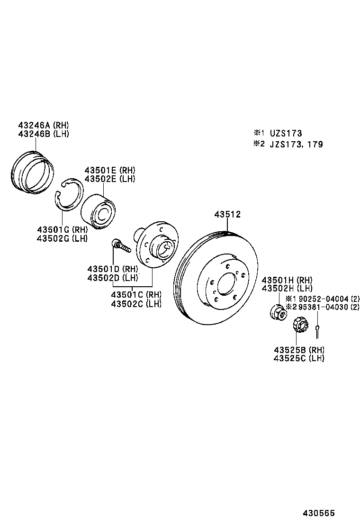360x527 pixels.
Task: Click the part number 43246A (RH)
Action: (x=44, y=126)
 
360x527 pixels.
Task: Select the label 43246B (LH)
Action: (x=44, y=134)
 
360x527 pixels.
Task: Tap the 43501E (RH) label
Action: (x=110, y=170)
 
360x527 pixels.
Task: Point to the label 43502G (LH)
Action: (x=62, y=238)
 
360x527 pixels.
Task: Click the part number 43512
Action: (x=227, y=215)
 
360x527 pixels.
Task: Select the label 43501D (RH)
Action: (x=112, y=269)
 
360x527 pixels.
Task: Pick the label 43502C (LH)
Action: (x=136, y=304)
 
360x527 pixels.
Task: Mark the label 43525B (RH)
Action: (x=299, y=350)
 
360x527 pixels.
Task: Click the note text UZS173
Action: (x=286, y=134)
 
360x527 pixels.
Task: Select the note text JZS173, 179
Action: (x=297, y=144)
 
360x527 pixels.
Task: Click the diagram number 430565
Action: (x=319, y=513)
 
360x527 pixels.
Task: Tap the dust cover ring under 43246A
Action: (x=31, y=172)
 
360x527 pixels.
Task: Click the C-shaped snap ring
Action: (x=68, y=194)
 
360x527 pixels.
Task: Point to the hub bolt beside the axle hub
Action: (x=121, y=245)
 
